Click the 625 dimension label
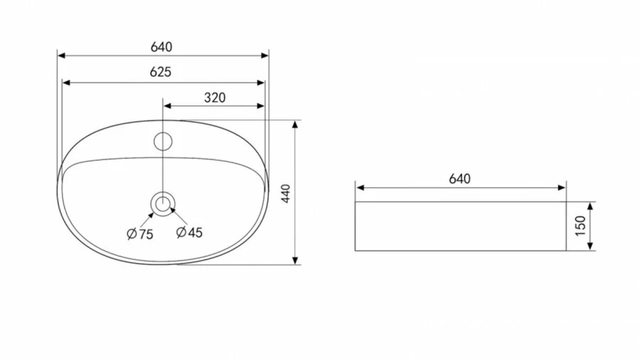tap(161, 72)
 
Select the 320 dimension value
tap(214, 97)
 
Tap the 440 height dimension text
tap(286, 193)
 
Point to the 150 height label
tap(580, 226)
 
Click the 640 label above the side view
tap(460, 179)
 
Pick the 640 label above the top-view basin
tap(161, 47)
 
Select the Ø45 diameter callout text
tap(189, 232)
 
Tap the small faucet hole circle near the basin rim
tap(164, 141)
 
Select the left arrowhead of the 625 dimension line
tap(67, 83)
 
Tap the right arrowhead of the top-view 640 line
tap(265, 55)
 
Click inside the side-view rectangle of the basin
tap(460, 226)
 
